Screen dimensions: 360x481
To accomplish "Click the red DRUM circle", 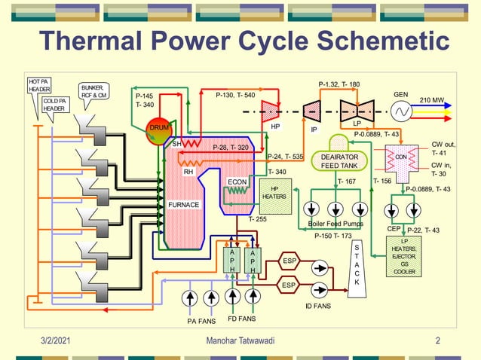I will point(159,129).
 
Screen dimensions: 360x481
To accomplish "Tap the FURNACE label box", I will point(183,204).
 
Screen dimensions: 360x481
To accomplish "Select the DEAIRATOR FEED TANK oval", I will point(339,160).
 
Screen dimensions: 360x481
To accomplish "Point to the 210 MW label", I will point(432,99).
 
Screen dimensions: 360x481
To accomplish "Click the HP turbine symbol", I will point(268,111).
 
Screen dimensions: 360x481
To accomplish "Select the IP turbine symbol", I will point(311,112).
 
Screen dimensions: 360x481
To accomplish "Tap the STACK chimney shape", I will point(357,264).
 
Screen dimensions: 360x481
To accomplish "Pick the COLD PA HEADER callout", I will point(54,104).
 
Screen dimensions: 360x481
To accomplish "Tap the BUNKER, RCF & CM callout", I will point(95,91).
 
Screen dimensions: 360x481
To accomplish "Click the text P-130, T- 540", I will point(234,96).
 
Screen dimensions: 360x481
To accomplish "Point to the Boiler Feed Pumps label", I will point(335,224).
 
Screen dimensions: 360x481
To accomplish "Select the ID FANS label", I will point(318,306).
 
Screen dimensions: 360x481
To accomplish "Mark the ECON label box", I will point(237,182).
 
